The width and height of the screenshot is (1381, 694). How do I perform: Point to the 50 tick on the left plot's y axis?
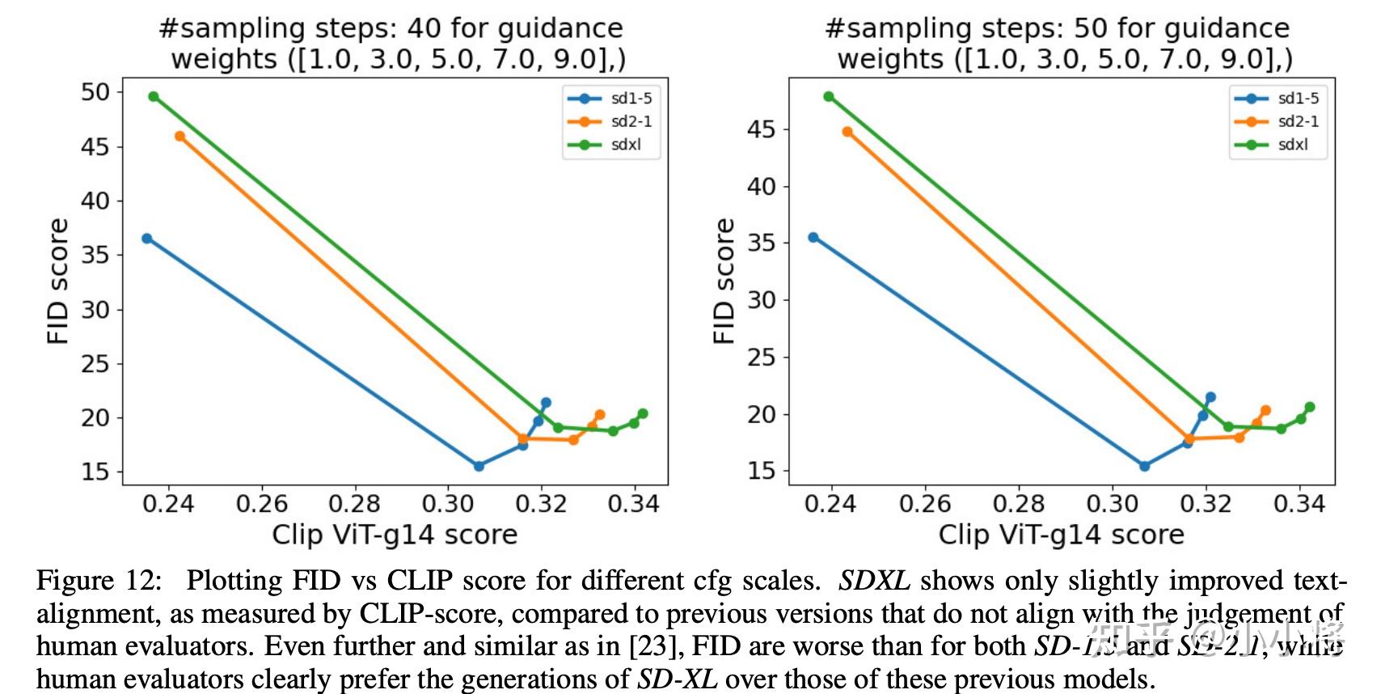tap(95, 92)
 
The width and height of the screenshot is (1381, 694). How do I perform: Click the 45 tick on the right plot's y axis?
tap(761, 129)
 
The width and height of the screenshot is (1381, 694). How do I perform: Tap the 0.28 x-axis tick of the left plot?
tap(354, 505)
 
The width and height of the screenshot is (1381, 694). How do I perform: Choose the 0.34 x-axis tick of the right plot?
tap(1299, 505)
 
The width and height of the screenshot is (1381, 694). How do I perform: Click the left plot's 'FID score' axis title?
tap(58, 281)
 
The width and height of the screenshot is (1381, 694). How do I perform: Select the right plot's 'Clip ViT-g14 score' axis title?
tap(1061, 535)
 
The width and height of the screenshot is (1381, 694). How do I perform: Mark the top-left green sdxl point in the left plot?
tap(154, 97)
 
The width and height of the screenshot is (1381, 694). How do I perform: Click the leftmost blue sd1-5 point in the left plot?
tap(147, 239)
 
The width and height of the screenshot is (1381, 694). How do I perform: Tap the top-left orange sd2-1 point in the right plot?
tap(847, 132)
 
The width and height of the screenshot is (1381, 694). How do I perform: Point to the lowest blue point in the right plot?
tap(1144, 466)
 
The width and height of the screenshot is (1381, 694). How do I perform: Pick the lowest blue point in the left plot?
tap(479, 466)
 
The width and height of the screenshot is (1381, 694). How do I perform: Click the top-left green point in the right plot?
tap(829, 97)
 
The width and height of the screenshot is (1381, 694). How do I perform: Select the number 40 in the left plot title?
tap(424, 28)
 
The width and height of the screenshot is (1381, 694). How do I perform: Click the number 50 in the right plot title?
tap(1090, 28)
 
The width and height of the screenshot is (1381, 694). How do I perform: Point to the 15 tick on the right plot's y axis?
tap(761, 471)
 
